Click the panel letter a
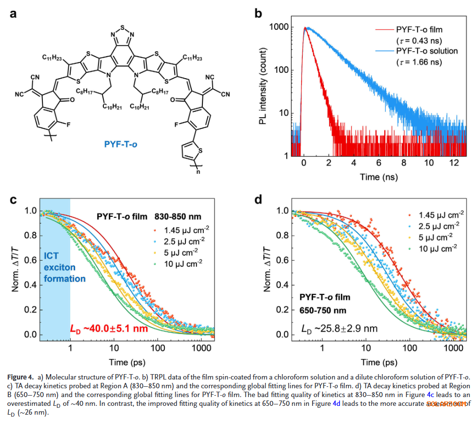13,14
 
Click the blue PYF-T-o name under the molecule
119,144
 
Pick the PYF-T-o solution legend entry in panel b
427,51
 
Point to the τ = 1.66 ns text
419,62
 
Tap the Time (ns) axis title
379,177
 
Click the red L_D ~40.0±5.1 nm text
109,329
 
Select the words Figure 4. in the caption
20,377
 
